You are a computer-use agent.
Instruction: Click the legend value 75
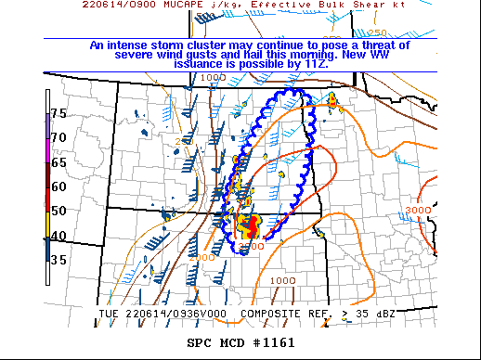click(58, 113)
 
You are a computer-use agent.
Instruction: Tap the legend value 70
click(58, 137)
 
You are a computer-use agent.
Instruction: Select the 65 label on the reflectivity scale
click(58, 161)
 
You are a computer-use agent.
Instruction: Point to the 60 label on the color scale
click(58, 186)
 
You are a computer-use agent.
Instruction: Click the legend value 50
click(58, 211)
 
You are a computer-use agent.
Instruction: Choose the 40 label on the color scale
click(58, 236)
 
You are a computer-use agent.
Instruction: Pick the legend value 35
click(58, 260)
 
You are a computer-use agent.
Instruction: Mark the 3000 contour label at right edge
click(419, 211)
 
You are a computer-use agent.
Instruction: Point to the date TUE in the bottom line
click(108, 314)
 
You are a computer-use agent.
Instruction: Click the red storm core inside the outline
click(249, 224)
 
